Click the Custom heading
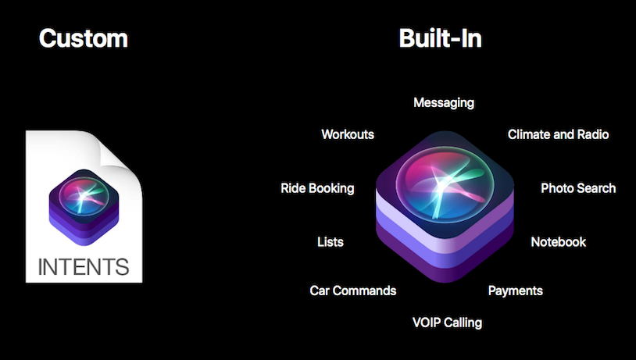[x=83, y=38]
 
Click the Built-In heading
[x=440, y=38]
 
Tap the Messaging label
[x=443, y=102]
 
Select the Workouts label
[x=348, y=134]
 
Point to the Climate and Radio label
[x=558, y=134]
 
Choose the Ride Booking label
[x=317, y=188]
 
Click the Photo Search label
[x=578, y=188]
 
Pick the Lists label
[x=331, y=242]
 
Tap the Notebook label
[x=558, y=242]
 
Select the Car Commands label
[x=353, y=290]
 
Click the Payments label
[x=515, y=290]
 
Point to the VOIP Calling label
[x=447, y=322]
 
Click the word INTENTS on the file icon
[x=83, y=266]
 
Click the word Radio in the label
[x=593, y=134]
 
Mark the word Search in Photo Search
[x=596, y=188]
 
